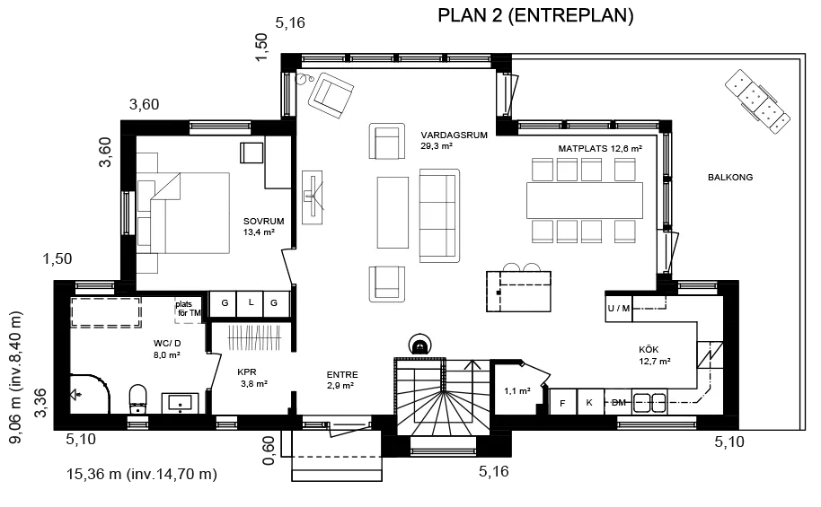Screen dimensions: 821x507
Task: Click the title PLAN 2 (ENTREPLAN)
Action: pos(535,15)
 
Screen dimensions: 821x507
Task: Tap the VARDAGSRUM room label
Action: pos(454,135)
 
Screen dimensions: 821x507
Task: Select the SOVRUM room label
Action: pos(263,222)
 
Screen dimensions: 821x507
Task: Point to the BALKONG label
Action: pos(730,178)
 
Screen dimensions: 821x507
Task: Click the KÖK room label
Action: pos(649,349)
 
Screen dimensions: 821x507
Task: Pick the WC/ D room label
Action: pos(167,343)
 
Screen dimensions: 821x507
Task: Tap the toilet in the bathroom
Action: pos(138,398)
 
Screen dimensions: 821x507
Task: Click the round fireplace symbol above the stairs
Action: pos(419,345)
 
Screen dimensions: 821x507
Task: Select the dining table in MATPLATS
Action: pos(585,200)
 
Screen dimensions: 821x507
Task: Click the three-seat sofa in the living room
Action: pos(439,215)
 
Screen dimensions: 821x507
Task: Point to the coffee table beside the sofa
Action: pos(393,213)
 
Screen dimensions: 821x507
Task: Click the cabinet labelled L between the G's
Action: pos(250,303)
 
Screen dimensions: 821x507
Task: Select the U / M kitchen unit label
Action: pos(619,308)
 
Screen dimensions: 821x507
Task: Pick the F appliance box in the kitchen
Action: pos(563,402)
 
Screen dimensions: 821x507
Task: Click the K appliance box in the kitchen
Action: pos(590,402)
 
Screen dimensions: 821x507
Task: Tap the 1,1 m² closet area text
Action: pos(517,390)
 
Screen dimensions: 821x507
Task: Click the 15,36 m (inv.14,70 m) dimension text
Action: pos(141,474)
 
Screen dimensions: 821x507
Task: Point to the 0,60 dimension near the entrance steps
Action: pos(268,450)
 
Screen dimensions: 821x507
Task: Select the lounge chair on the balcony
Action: pos(757,101)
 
